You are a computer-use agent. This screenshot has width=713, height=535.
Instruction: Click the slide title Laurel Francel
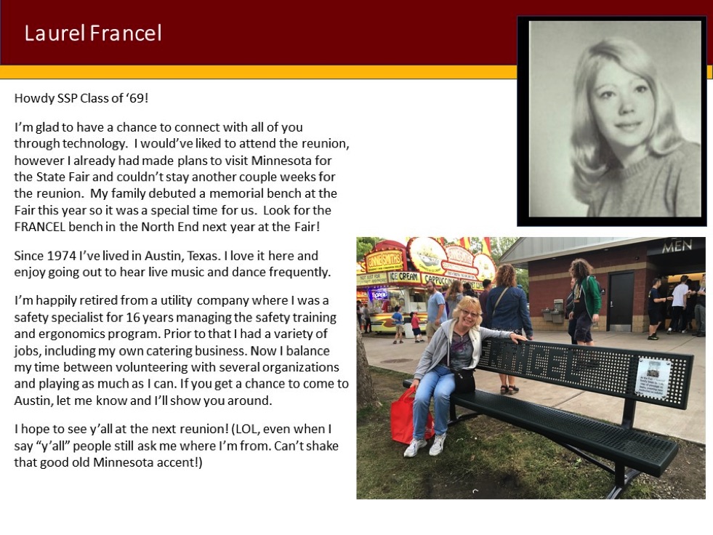93,33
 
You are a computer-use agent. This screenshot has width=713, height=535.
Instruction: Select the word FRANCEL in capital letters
39,227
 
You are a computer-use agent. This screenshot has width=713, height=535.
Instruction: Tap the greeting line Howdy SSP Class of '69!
81,98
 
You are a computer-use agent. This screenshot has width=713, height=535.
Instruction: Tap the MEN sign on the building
677,246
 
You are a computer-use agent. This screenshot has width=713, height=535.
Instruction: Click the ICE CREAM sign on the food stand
404,276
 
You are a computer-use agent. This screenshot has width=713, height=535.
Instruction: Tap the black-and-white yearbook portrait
612,120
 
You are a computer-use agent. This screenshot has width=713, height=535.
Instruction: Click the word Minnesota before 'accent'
124,462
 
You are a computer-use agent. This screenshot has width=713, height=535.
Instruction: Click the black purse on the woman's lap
464,381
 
